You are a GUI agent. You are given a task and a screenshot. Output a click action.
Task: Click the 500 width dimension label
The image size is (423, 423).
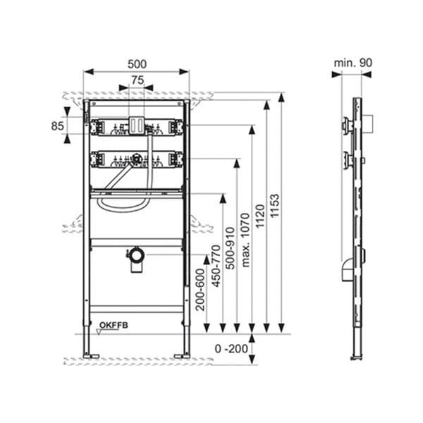click(137, 63)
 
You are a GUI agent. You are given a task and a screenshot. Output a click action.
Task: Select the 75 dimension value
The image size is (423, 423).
click(137, 80)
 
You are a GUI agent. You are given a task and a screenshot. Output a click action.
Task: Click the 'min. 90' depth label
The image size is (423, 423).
click(352, 63)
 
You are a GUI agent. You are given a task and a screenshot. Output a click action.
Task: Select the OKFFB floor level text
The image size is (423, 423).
click(113, 325)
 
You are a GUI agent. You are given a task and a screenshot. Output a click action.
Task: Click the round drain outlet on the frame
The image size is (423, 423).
click(135, 253)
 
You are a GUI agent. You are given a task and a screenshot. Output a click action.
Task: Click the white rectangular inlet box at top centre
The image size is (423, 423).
click(137, 124)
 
